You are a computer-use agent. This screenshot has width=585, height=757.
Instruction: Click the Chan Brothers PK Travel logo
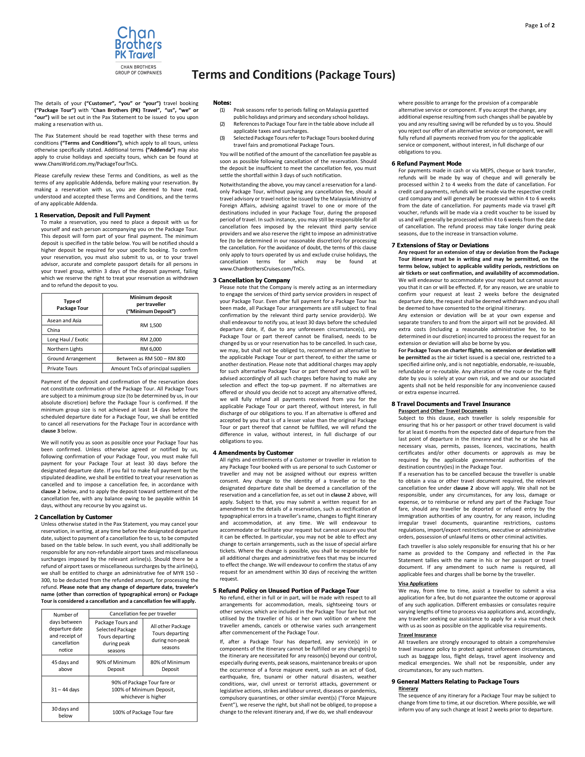coord(138,50)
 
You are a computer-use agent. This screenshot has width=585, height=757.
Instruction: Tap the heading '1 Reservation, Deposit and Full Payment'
coord(92,215)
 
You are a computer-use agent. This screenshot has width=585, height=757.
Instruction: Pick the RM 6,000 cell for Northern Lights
coord(151,349)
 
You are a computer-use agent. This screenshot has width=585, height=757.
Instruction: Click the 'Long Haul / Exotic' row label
coord(68,340)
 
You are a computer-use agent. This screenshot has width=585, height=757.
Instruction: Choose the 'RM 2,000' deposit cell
coord(151,340)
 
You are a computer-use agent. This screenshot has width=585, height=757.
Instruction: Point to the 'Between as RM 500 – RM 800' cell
coord(151,359)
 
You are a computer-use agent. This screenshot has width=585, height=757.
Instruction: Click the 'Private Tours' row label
coord(62,368)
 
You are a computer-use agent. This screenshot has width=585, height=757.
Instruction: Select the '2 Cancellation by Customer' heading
coord(73,517)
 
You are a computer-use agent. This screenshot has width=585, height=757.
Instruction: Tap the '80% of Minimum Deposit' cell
coord(170,666)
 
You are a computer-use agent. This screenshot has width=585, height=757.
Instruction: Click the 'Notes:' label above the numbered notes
coord(222,103)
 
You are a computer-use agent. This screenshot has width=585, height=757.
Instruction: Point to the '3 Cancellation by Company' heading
coord(251,280)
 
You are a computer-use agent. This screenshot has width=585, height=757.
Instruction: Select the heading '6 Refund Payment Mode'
coord(427,164)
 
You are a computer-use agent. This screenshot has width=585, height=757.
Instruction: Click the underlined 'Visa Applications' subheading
coord(418,584)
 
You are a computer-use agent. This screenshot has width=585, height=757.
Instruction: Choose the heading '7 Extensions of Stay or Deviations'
coord(440,245)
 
